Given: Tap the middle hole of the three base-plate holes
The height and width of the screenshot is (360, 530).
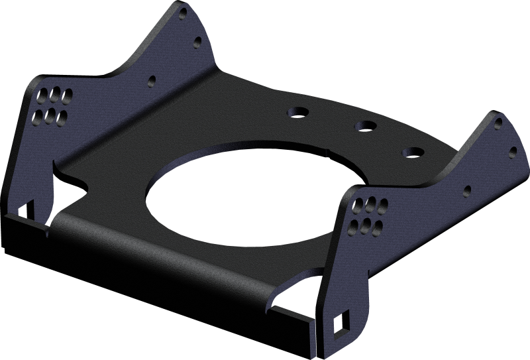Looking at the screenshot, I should pyautogui.click(x=364, y=126).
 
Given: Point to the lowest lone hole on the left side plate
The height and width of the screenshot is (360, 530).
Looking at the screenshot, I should pyautogui.click(x=151, y=82).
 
